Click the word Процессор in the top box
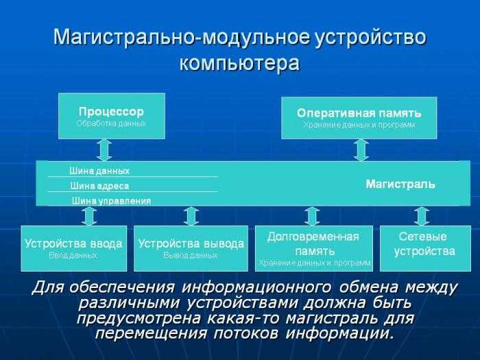(111, 112)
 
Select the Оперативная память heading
(359, 113)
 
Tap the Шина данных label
(99, 171)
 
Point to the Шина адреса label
(99, 186)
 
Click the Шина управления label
(111, 201)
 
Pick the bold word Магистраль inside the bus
(400, 184)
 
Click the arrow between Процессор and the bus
(104, 150)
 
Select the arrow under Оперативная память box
(361, 150)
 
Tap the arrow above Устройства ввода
(90, 216)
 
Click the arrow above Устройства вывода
(191, 216)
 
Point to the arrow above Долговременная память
(312, 216)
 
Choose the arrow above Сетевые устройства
(422, 216)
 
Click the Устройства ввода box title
(73, 243)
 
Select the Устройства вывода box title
(191, 243)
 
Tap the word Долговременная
(313, 237)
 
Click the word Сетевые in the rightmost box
(423, 237)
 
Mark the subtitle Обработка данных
(111, 123)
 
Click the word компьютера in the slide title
(239, 64)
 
